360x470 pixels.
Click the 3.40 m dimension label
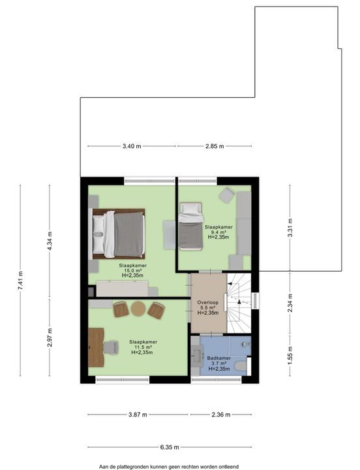tap(132, 146)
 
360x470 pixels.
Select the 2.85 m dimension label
tap(215, 146)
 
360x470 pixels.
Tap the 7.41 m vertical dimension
tap(20, 281)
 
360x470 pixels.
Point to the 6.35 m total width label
tap(170, 447)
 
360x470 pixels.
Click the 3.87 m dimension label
tap(138, 415)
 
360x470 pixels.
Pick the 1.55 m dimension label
tap(290, 356)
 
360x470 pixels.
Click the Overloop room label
tap(208, 302)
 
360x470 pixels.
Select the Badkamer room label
tap(219, 358)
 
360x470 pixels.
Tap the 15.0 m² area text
tap(132, 270)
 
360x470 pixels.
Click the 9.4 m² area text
tap(218, 232)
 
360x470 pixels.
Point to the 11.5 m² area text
tap(143, 347)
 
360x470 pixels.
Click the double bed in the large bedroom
tap(119, 234)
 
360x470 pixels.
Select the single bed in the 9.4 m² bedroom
tap(191, 226)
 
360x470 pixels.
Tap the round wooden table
tap(138, 309)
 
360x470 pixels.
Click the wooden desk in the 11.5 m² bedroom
tap(96, 347)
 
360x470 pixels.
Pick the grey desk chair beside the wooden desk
tap(111, 347)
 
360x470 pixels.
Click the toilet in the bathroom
tap(241, 366)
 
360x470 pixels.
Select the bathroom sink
tap(198, 356)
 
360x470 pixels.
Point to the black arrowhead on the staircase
tap(239, 302)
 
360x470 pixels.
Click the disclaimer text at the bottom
tap(169, 467)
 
